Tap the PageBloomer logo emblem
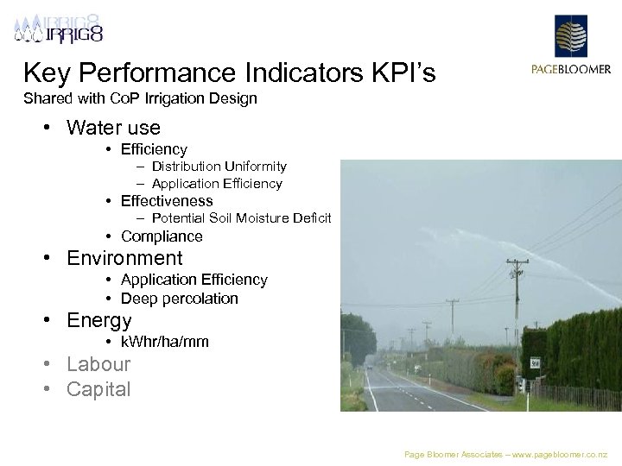(570, 36)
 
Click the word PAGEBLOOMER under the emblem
(570, 70)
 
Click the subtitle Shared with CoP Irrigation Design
(140, 98)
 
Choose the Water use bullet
(113, 128)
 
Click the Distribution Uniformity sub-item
(219, 166)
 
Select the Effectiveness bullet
(167, 201)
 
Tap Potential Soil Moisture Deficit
(241, 218)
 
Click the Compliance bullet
(162, 236)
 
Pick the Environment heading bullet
(124, 258)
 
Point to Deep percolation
(179, 299)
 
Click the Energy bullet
(99, 320)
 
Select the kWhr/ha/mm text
(165, 342)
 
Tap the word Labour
(98, 364)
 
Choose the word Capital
(98, 389)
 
